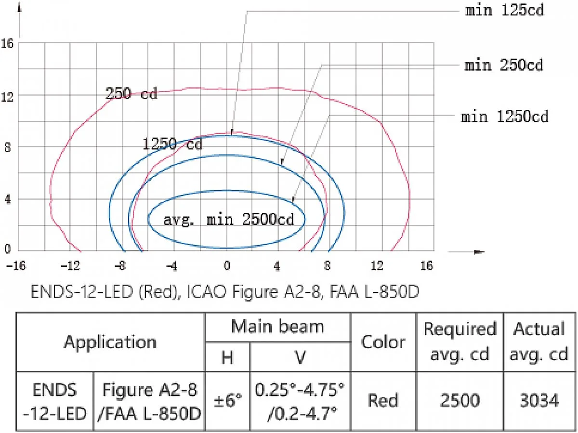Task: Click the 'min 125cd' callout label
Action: coord(504,11)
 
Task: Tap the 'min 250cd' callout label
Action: coord(504,65)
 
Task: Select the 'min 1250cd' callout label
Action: coord(504,117)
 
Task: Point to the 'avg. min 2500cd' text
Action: coord(229,220)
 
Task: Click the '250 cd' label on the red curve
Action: coord(131,93)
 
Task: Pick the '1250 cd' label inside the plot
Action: coord(172,144)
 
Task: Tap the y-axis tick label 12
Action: coord(7,97)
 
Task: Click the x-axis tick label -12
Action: coord(70,266)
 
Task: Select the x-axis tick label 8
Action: coord(327,266)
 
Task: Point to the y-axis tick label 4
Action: coord(8,199)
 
